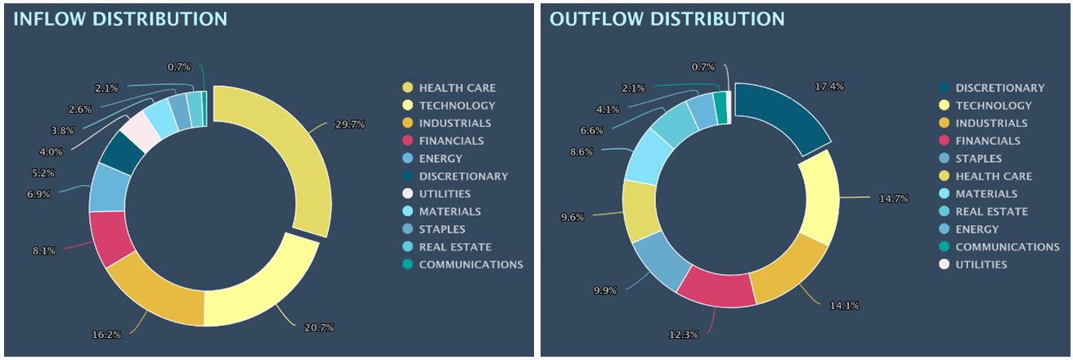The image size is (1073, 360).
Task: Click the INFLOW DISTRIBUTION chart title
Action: (119, 19)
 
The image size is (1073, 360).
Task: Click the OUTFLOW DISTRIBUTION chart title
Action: (667, 19)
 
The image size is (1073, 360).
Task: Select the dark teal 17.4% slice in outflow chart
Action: (781, 119)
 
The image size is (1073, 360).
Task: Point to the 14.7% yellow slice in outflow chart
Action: (818, 199)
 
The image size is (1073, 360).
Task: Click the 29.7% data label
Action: (349, 124)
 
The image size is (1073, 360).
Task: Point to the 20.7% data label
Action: (318, 327)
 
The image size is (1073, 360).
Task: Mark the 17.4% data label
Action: (828, 86)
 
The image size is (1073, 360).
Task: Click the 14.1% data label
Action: (845, 306)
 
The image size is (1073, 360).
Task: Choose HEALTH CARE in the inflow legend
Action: (456, 88)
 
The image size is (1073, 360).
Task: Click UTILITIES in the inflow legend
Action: (444, 194)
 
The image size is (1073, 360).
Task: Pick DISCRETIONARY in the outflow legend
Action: (999, 88)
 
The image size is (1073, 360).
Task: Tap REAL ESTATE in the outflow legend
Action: (991, 212)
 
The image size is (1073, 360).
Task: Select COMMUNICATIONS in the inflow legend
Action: (470, 264)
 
